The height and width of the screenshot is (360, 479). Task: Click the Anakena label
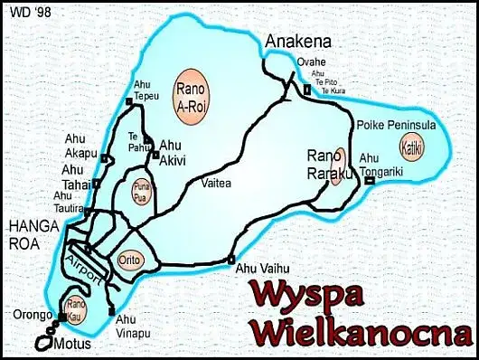coord(298,41)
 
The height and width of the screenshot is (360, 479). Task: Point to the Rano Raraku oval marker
coord(339,166)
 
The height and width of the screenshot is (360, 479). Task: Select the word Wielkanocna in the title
coord(361,328)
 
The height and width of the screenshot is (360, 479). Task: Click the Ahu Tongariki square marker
coord(370,181)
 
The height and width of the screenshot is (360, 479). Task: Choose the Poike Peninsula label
coord(397,124)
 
